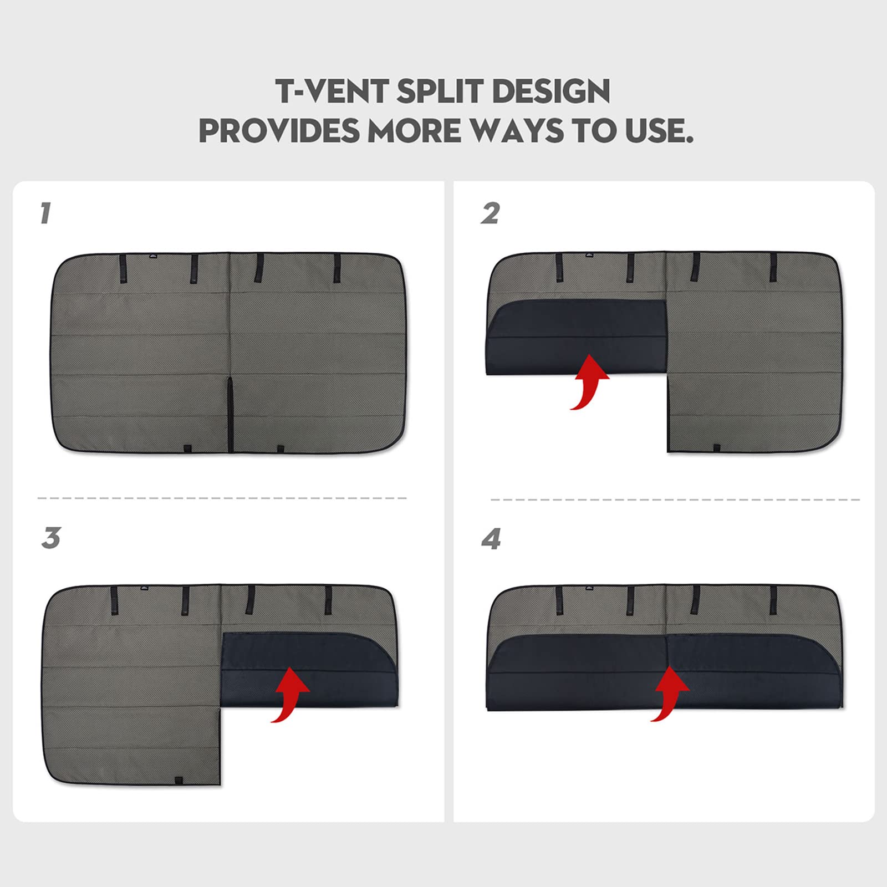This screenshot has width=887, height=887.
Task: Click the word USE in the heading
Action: tap(659, 131)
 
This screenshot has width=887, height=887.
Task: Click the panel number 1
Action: tap(45, 213)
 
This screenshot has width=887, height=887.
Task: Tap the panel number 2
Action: tap(490, 213)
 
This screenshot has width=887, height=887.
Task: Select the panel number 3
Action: tap(50, 538)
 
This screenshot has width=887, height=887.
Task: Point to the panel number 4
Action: tap(491, 539)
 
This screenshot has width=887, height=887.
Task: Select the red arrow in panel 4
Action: tap(670, 694)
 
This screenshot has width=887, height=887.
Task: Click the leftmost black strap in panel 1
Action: tap(123, 269)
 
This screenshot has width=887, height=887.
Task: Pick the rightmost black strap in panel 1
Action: tap(337, 269)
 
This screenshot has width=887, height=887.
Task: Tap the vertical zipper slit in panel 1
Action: tap(230, 414)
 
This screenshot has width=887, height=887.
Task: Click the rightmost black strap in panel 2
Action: tap(773, 267)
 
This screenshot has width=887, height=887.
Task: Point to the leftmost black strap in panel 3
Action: tap(114, 601)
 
